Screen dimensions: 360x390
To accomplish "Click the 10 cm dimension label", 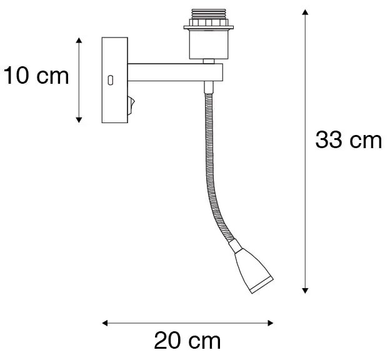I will (x=35, y=76).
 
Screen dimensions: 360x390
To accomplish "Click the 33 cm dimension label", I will (x=347, y=140).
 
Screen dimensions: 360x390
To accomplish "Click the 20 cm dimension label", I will (x=187, y=341).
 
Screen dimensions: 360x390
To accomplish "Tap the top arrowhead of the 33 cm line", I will (x=305, y=12).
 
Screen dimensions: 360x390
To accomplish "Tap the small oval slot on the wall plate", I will (x=111, y=79).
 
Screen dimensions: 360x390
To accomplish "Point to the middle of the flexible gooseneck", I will (x=209, y=169).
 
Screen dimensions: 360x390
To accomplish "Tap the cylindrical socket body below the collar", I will (x=204, y=44).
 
